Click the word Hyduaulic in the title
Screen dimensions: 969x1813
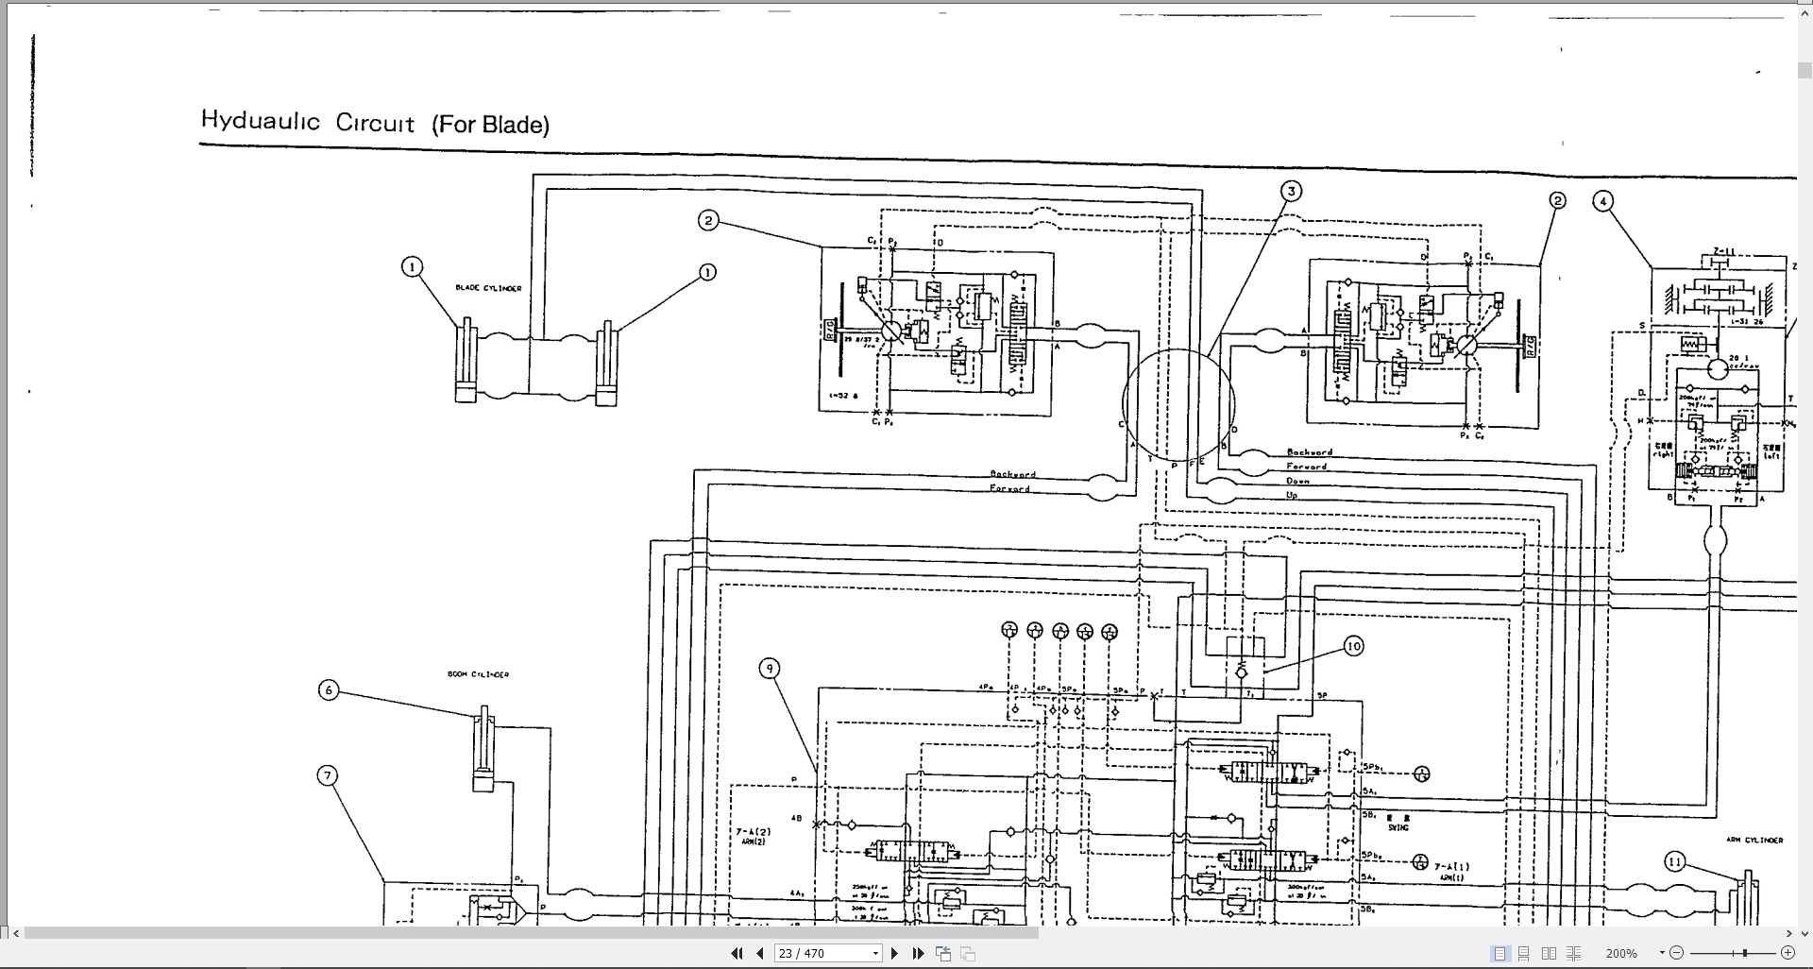point(261,121)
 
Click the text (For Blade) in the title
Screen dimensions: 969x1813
point(490,125)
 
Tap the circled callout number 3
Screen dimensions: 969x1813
point(1291,192)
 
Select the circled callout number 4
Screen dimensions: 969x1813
point(1602,201)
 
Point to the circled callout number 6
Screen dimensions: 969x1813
point(329,690)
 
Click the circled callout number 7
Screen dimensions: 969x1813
point(328,776)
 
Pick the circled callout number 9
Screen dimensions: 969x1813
point(770,669)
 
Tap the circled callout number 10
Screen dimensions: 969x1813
point(1353,646)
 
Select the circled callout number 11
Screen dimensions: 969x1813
point(1674,861)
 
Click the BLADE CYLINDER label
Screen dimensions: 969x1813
point(488,288)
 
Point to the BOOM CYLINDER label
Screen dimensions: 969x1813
point(478,674)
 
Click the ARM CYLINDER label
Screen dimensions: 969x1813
point(1754,840)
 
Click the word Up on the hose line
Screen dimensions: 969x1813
point(1292,495)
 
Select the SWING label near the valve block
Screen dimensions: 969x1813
point(1398,827)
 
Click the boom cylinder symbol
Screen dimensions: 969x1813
point(484,751)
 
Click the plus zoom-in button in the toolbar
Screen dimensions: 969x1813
point(1788,953)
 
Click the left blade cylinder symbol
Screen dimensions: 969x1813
point(466,363)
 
